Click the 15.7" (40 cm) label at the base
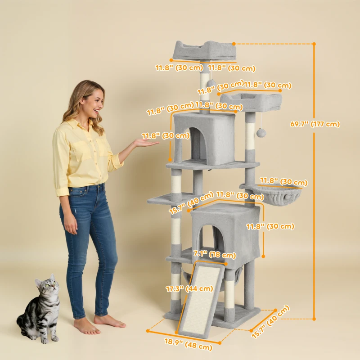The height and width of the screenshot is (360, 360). coord(270,322)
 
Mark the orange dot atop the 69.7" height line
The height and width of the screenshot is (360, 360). coord(314,44)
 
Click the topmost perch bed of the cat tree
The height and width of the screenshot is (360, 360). coord(203,50)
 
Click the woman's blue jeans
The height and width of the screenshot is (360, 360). coord(88,238)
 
